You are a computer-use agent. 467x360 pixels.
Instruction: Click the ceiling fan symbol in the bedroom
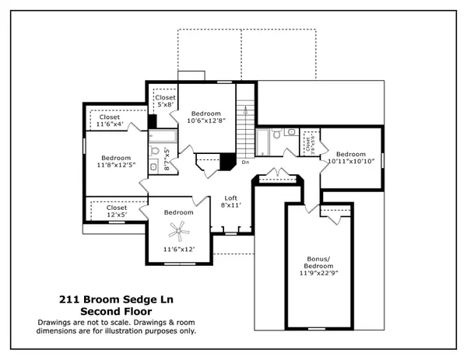pos(180,229)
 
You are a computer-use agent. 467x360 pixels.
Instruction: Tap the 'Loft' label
pos(231,197)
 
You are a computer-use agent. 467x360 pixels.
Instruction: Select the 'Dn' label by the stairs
pos(245,163)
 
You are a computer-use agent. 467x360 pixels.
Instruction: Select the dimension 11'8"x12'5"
pos(115,164)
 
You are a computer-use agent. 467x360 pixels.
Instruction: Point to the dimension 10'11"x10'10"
pos(351,161)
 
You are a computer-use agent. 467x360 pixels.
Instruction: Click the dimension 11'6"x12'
pos(179,250)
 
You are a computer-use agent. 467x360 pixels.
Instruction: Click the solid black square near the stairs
pos(227,162)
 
